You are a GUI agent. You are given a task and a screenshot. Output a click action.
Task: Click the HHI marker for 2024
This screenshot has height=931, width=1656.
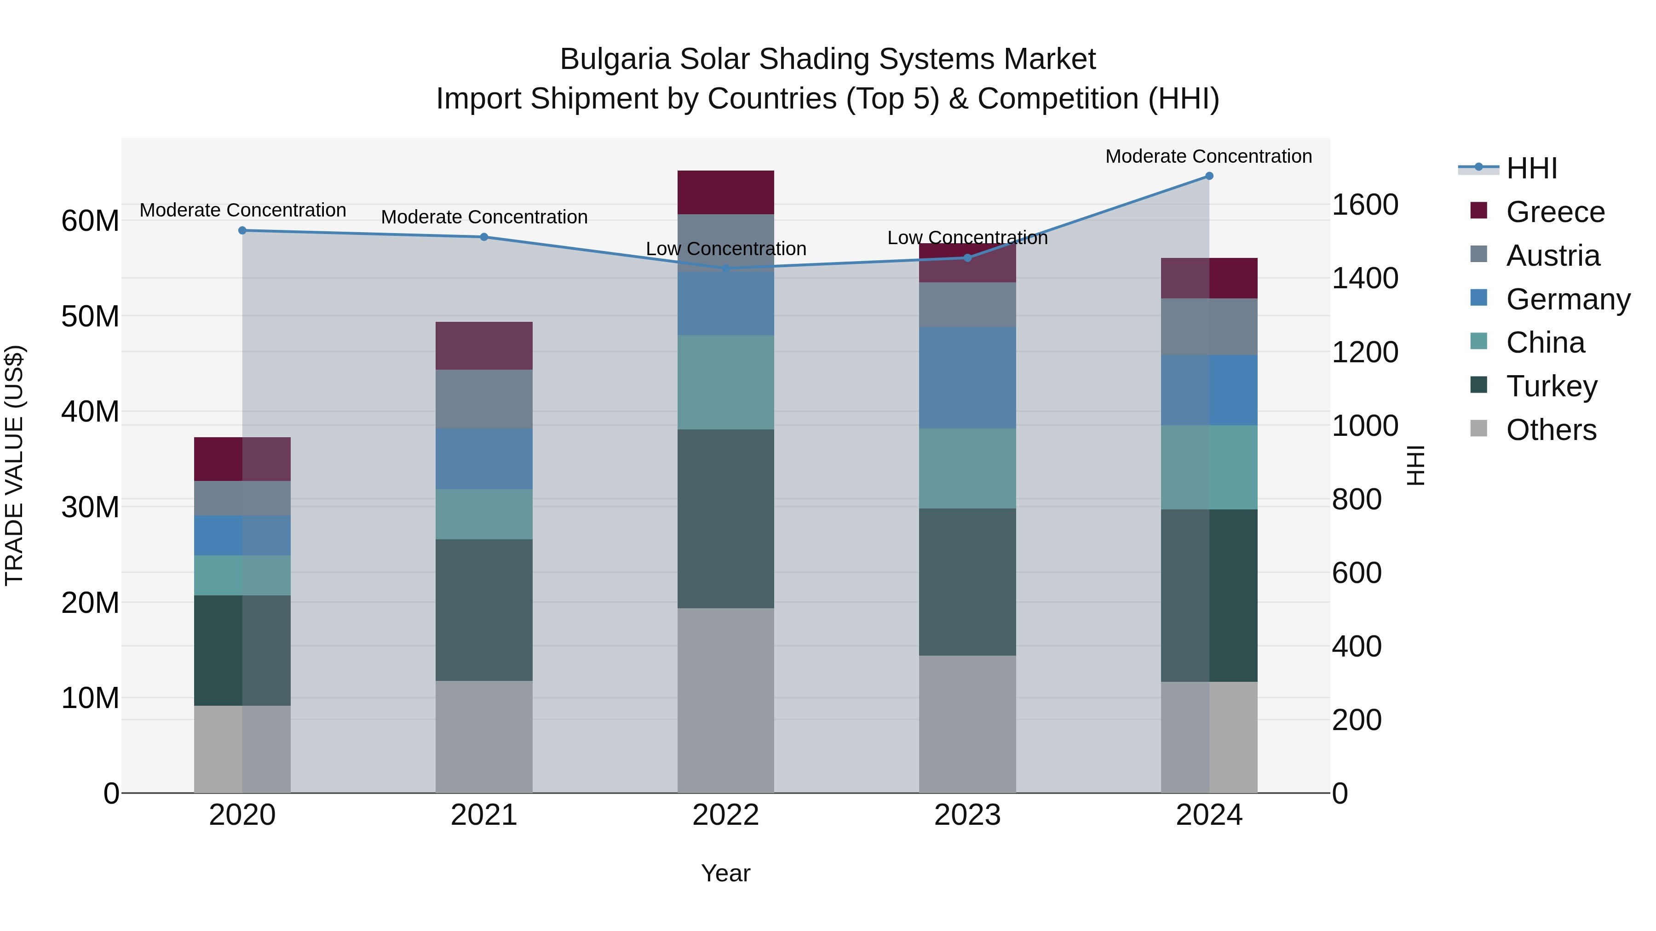pos(1208,176)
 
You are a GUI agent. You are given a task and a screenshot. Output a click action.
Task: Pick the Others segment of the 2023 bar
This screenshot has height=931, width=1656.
pos(967,724)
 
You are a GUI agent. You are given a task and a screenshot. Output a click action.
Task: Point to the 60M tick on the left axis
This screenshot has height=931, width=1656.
pos(90,221)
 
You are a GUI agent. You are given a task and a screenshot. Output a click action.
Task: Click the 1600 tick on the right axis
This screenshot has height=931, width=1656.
pos(1364,205)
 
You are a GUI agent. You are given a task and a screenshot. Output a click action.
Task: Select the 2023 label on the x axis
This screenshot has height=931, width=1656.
pos(967,815)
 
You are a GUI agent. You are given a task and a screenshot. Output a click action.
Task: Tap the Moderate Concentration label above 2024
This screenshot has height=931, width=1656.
pos(1208,156)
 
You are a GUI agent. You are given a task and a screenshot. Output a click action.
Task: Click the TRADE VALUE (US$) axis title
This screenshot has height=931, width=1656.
pos(15,465)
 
